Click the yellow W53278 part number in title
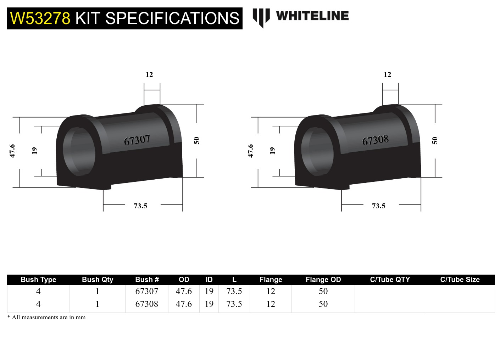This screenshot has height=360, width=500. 40,18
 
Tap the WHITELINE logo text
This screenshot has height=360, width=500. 312,16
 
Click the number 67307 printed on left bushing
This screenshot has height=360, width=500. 137,140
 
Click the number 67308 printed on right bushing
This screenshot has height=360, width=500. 375,140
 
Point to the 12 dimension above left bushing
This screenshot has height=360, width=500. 149,75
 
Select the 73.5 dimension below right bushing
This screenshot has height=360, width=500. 378,206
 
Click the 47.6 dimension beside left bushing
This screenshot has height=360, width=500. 12,151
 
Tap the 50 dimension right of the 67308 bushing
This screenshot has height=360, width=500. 435,141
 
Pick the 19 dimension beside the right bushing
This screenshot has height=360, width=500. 272,151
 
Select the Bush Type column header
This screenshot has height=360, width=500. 38,280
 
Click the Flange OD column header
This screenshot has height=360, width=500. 323,280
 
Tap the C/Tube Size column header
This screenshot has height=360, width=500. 460,280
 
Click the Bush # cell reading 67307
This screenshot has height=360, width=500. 146,291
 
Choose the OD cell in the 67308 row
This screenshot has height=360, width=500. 184,304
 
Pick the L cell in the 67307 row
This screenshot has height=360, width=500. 234,291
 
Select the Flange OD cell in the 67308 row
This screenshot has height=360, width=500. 323,304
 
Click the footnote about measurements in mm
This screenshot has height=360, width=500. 46,317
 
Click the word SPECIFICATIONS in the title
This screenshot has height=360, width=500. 172,18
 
